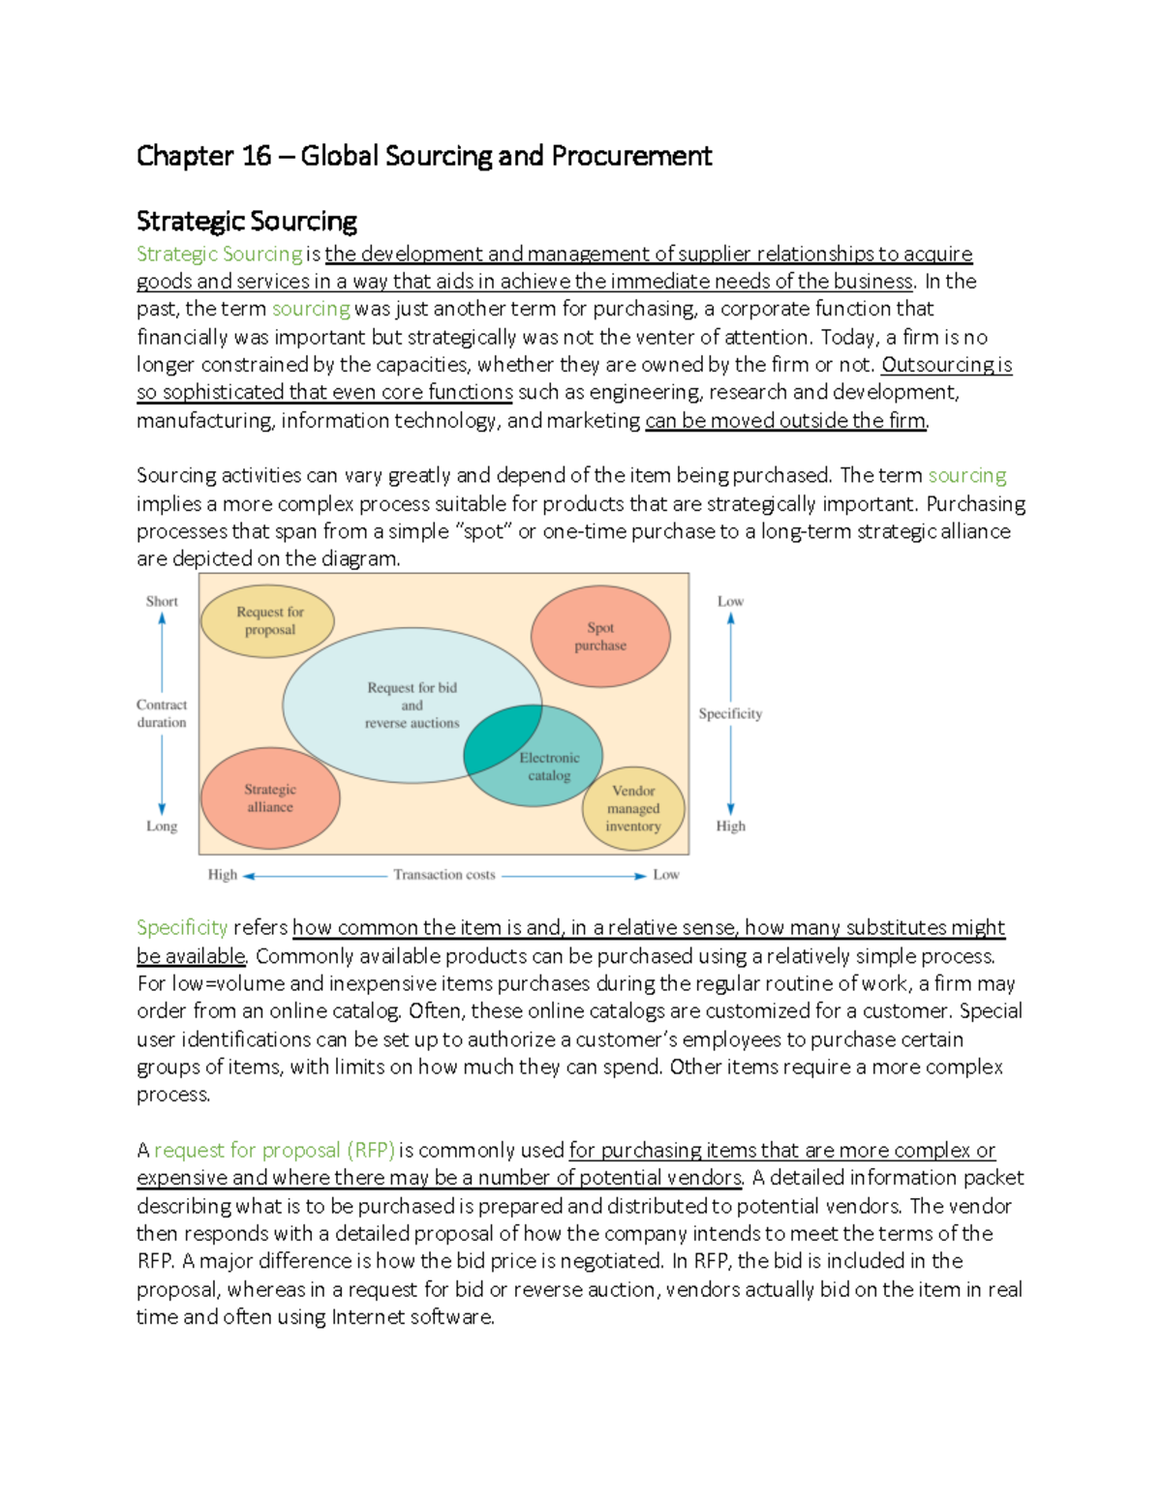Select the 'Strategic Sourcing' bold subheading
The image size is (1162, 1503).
[247, 222]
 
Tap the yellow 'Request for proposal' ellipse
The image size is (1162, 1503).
[268, 620]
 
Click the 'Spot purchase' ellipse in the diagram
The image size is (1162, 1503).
[600, 637]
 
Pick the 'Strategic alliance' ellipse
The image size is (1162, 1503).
[270, 798]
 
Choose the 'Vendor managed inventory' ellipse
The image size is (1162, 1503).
[633, 809]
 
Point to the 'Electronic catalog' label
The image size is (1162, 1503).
[549, 767]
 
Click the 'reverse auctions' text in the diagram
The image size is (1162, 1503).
[412, 723]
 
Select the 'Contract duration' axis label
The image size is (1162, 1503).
[162, 713]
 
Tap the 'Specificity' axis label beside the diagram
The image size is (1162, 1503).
[730, 713]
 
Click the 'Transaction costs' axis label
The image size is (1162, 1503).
[444, 875]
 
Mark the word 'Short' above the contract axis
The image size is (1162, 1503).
[162, 601]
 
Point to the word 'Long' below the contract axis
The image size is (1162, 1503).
[162, 827]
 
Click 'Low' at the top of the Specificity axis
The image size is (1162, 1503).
[730, 601]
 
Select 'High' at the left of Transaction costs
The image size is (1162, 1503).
[222, 875]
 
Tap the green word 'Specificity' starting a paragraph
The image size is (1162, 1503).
[182, 928]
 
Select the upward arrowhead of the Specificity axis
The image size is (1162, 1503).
[731, 618]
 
